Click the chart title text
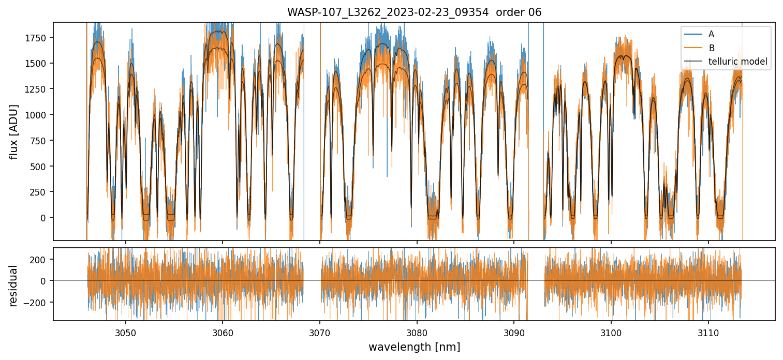pos(414,12)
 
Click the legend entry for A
pos(711,34)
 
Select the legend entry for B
pos(711,48)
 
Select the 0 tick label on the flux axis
pos(47,218)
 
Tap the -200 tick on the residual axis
pos(40,302)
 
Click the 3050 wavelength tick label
pos(126,332)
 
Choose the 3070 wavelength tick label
pos(320,332)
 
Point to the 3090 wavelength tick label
pos(514,332)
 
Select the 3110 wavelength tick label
pos(708,332)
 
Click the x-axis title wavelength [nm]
pos(414,347)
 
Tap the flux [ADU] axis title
pos(14,131)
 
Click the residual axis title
pos(14,286)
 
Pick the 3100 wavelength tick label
pos(611,332)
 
